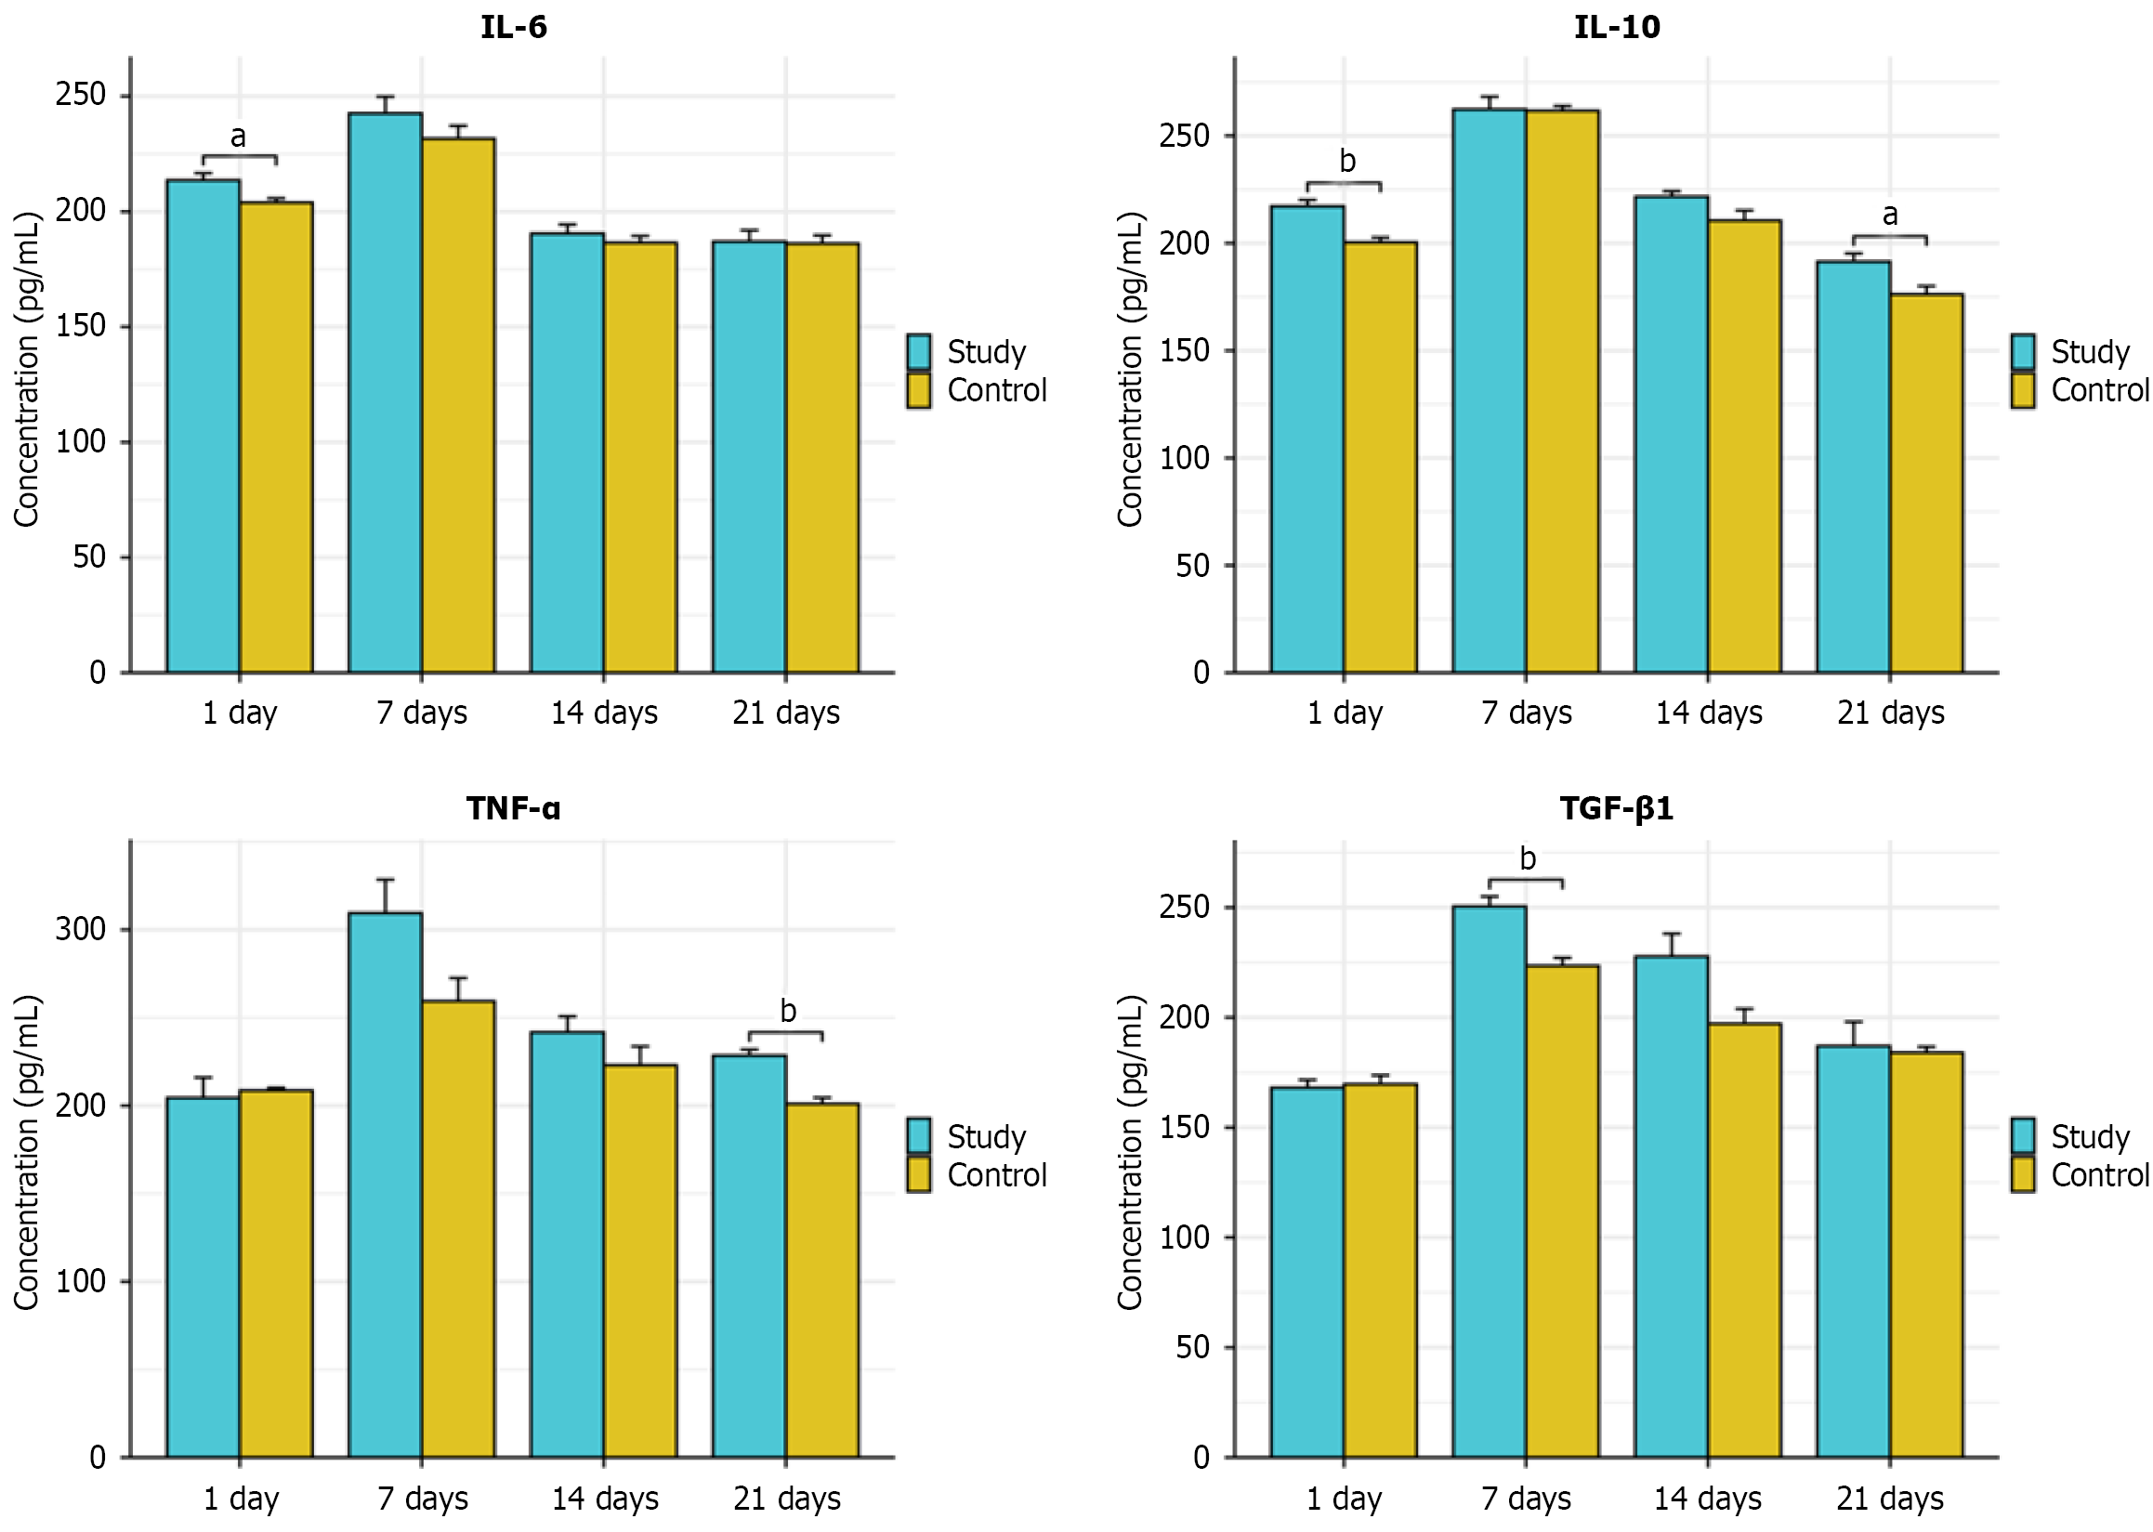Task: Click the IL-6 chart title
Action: (513, 26)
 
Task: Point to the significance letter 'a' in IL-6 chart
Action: (238, 137)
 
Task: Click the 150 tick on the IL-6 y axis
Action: (80, 326)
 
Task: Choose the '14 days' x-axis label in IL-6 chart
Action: (604, 713)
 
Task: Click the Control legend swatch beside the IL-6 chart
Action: (918, 390)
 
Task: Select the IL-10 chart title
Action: (1616, 26)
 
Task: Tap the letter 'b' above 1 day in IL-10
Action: (1347, 163)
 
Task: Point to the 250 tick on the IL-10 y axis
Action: (1184, 136)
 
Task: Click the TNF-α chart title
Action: (513, 808)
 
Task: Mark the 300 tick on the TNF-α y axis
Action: (80, 929)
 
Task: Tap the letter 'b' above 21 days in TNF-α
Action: (788, 1012)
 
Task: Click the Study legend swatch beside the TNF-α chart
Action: (918, 1136)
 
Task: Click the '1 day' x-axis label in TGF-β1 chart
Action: (1344, 1498)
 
